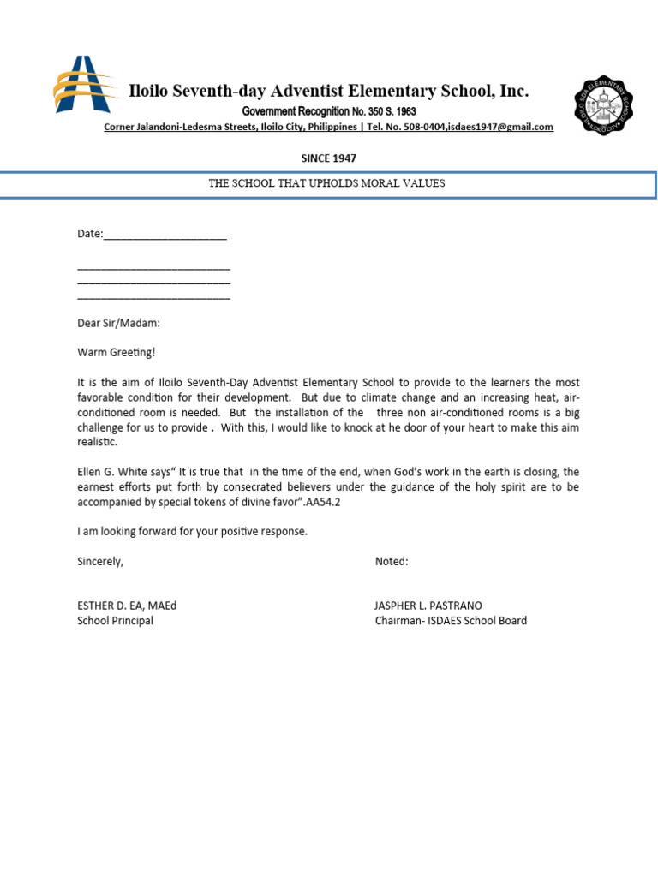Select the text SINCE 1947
328,158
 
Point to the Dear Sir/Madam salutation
118,324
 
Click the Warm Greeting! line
117,352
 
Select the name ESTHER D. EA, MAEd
127,606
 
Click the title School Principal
115,621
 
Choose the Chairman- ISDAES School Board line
451,621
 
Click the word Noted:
392,562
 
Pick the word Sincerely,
100,562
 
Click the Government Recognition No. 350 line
328,112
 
